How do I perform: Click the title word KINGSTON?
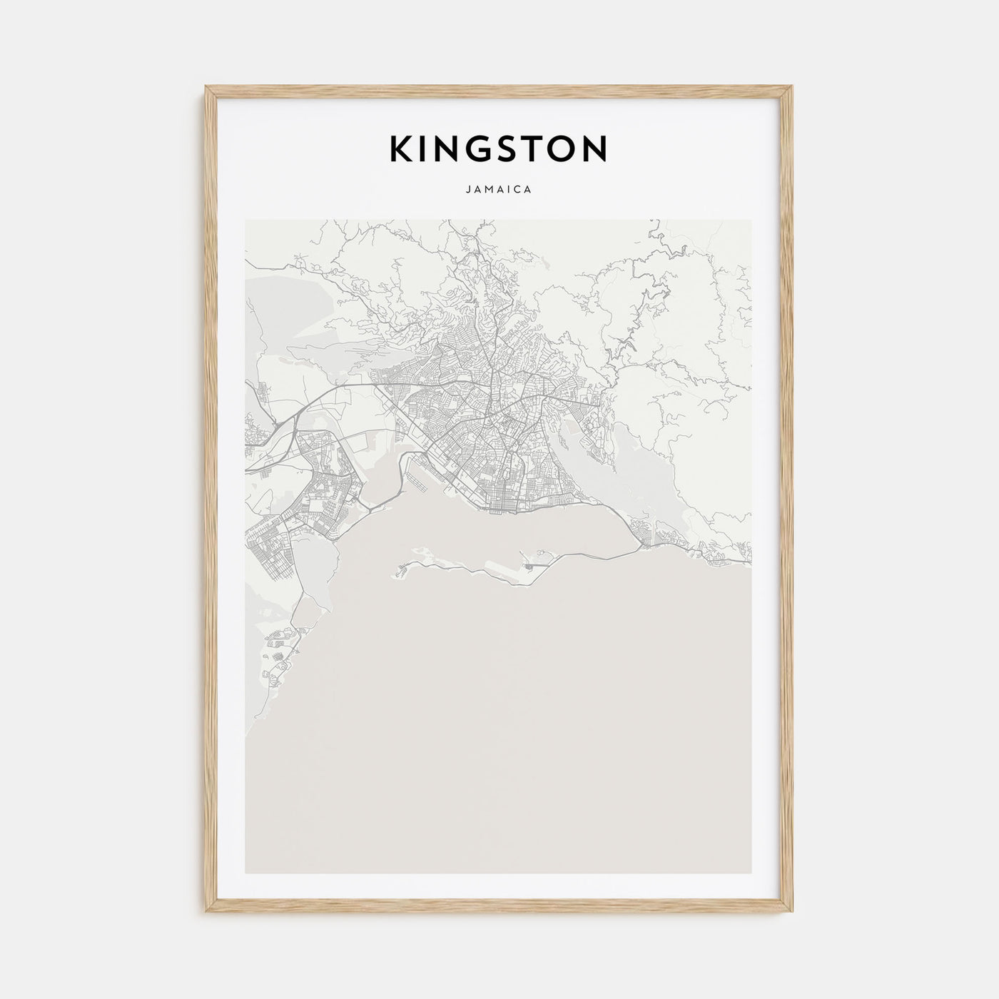(x=498, y=149)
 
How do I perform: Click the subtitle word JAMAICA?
(x=499, y=191)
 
